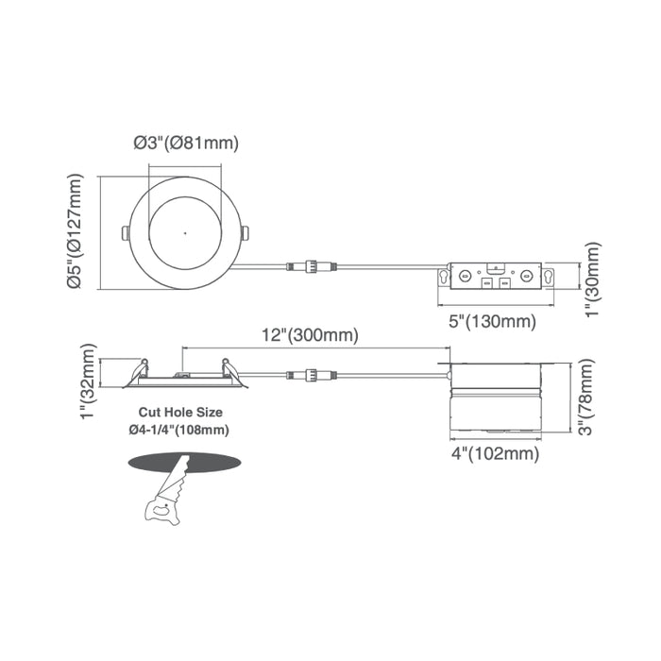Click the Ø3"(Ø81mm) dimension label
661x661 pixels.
(184, 144)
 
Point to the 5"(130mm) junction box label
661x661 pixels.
(492, 321)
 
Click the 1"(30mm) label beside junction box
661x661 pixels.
(593, 279)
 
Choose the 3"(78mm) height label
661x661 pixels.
(586, 397)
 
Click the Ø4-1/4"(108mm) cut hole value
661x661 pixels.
(178, 430)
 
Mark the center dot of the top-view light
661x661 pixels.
(185, 232)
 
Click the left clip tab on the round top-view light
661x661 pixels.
(125, 232)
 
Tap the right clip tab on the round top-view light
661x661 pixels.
(246, 232)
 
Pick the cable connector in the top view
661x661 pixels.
(311, 266)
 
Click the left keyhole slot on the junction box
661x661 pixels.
(444, 277)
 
